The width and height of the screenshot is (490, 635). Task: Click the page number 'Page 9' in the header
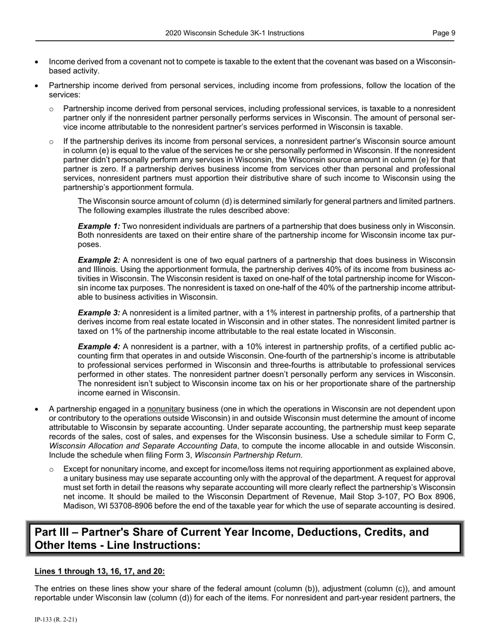pos(444,33)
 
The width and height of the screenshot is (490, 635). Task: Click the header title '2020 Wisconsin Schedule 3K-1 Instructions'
pos(235,33)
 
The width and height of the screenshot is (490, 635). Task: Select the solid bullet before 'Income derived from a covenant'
pos(37,62)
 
